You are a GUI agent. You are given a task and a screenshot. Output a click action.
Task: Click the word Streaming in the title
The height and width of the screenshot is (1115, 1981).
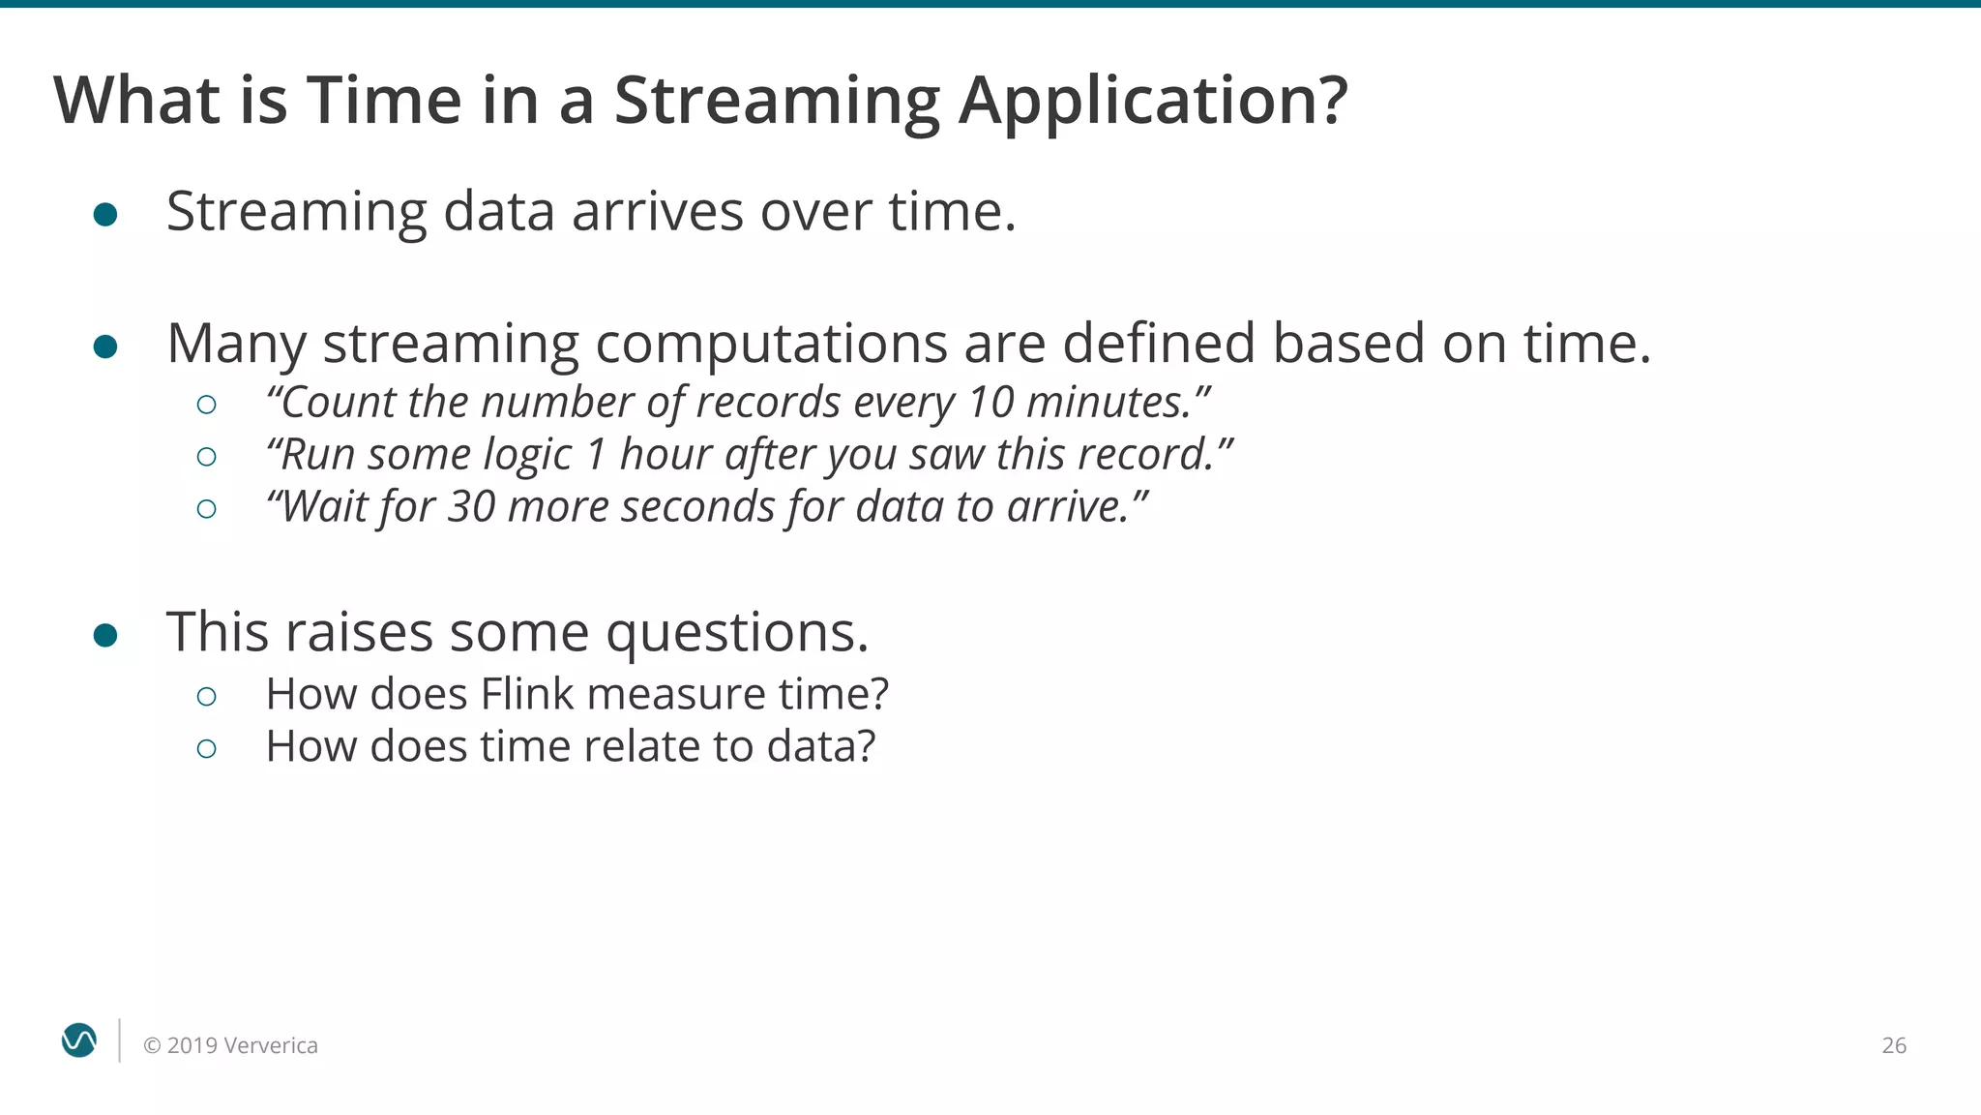777,101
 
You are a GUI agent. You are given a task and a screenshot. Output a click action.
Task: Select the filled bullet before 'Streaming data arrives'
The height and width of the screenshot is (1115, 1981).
105,214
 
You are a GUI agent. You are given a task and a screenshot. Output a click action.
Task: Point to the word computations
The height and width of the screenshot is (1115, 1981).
771,345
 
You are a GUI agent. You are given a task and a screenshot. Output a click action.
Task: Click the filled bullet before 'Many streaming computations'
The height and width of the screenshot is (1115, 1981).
105,347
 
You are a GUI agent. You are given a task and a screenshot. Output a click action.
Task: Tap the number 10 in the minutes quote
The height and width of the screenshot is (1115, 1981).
990,402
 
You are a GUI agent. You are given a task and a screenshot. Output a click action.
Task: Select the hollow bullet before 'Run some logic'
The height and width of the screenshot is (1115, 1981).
206,456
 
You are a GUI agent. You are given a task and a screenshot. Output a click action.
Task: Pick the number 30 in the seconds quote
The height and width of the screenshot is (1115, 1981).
471,506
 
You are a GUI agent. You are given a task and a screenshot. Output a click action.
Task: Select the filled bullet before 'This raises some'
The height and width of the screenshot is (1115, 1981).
105,635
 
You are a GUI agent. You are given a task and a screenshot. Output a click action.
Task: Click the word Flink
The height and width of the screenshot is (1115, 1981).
527,694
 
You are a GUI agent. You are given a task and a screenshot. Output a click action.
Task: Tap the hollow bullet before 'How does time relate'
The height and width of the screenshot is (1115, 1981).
206,748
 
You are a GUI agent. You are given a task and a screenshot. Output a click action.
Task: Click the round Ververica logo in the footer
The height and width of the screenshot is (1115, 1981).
79,1040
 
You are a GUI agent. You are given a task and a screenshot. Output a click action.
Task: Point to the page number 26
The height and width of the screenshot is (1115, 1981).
1893,1045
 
